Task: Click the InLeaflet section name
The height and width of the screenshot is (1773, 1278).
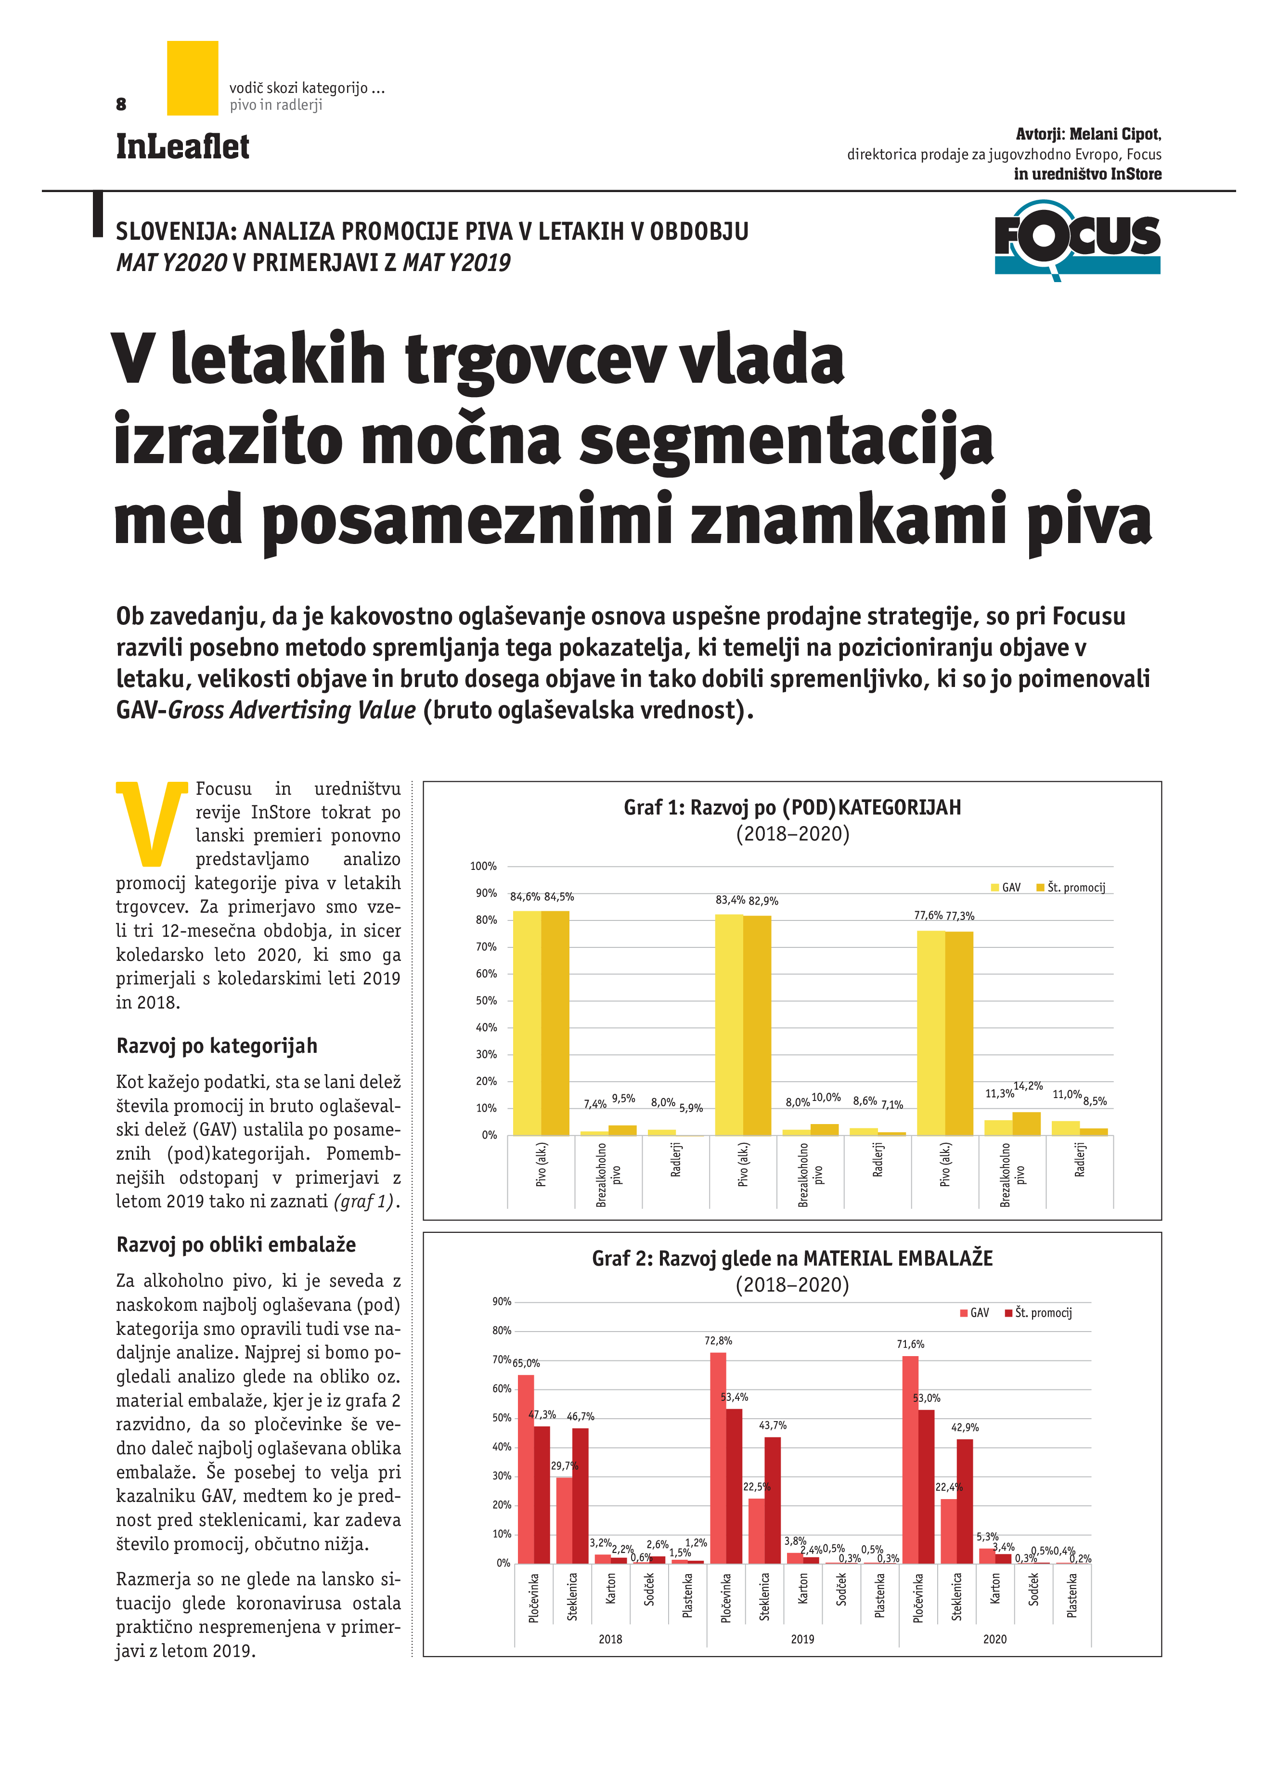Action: pyautogui.click(x=182, y=147)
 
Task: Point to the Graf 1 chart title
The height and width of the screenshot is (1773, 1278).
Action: pyautogui.click(x=792, y=807)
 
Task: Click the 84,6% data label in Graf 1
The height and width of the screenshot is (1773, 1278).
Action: pyautogui.click(x=525, y=897)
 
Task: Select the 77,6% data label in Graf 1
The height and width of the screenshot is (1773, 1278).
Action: pyautogui.click(x=928, y=916)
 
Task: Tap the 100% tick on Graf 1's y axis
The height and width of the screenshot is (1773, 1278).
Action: pyautogui.click(x=483, y=866)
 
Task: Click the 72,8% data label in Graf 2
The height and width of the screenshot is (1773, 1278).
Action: pyautogui.click(x=718, y=1341)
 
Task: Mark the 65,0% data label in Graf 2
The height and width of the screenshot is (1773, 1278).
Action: pyautogui.click(x=526, y=1362)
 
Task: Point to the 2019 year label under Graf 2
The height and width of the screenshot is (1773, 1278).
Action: pyautogui.click(x=802, y=1639)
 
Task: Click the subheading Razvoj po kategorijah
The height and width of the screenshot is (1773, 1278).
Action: pyautogui.click(x=217, y=1046)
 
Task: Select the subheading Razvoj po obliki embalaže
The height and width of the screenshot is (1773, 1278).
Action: pyautogui.click(x=236, y=1244)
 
